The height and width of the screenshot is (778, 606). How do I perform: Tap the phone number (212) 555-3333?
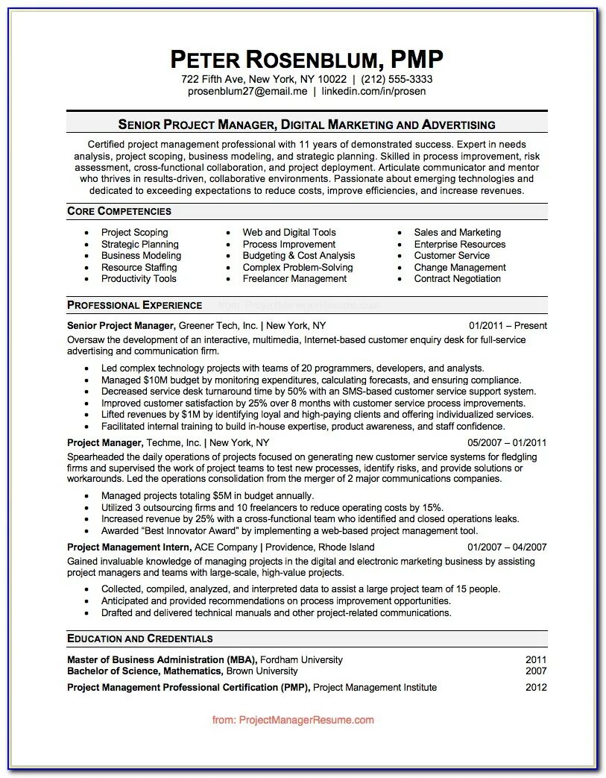(397, 79)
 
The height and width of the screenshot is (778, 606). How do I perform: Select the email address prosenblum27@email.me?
(247, 91)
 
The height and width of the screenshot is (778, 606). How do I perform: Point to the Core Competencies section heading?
(119, 211)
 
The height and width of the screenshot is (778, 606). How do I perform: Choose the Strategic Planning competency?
(140, 244)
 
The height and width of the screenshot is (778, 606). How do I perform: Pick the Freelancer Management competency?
(294, 278)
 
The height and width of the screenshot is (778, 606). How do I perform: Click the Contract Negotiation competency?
(458, 278)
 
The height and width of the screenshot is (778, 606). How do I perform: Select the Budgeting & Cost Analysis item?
(299, 255)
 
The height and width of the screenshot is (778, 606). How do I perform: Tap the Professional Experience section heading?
(135, 305)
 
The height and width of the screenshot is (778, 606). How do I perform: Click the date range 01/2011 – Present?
(508, 325)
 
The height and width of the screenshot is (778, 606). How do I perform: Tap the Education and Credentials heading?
(140, 639)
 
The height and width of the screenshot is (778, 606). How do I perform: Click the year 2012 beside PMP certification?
(536, 687)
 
